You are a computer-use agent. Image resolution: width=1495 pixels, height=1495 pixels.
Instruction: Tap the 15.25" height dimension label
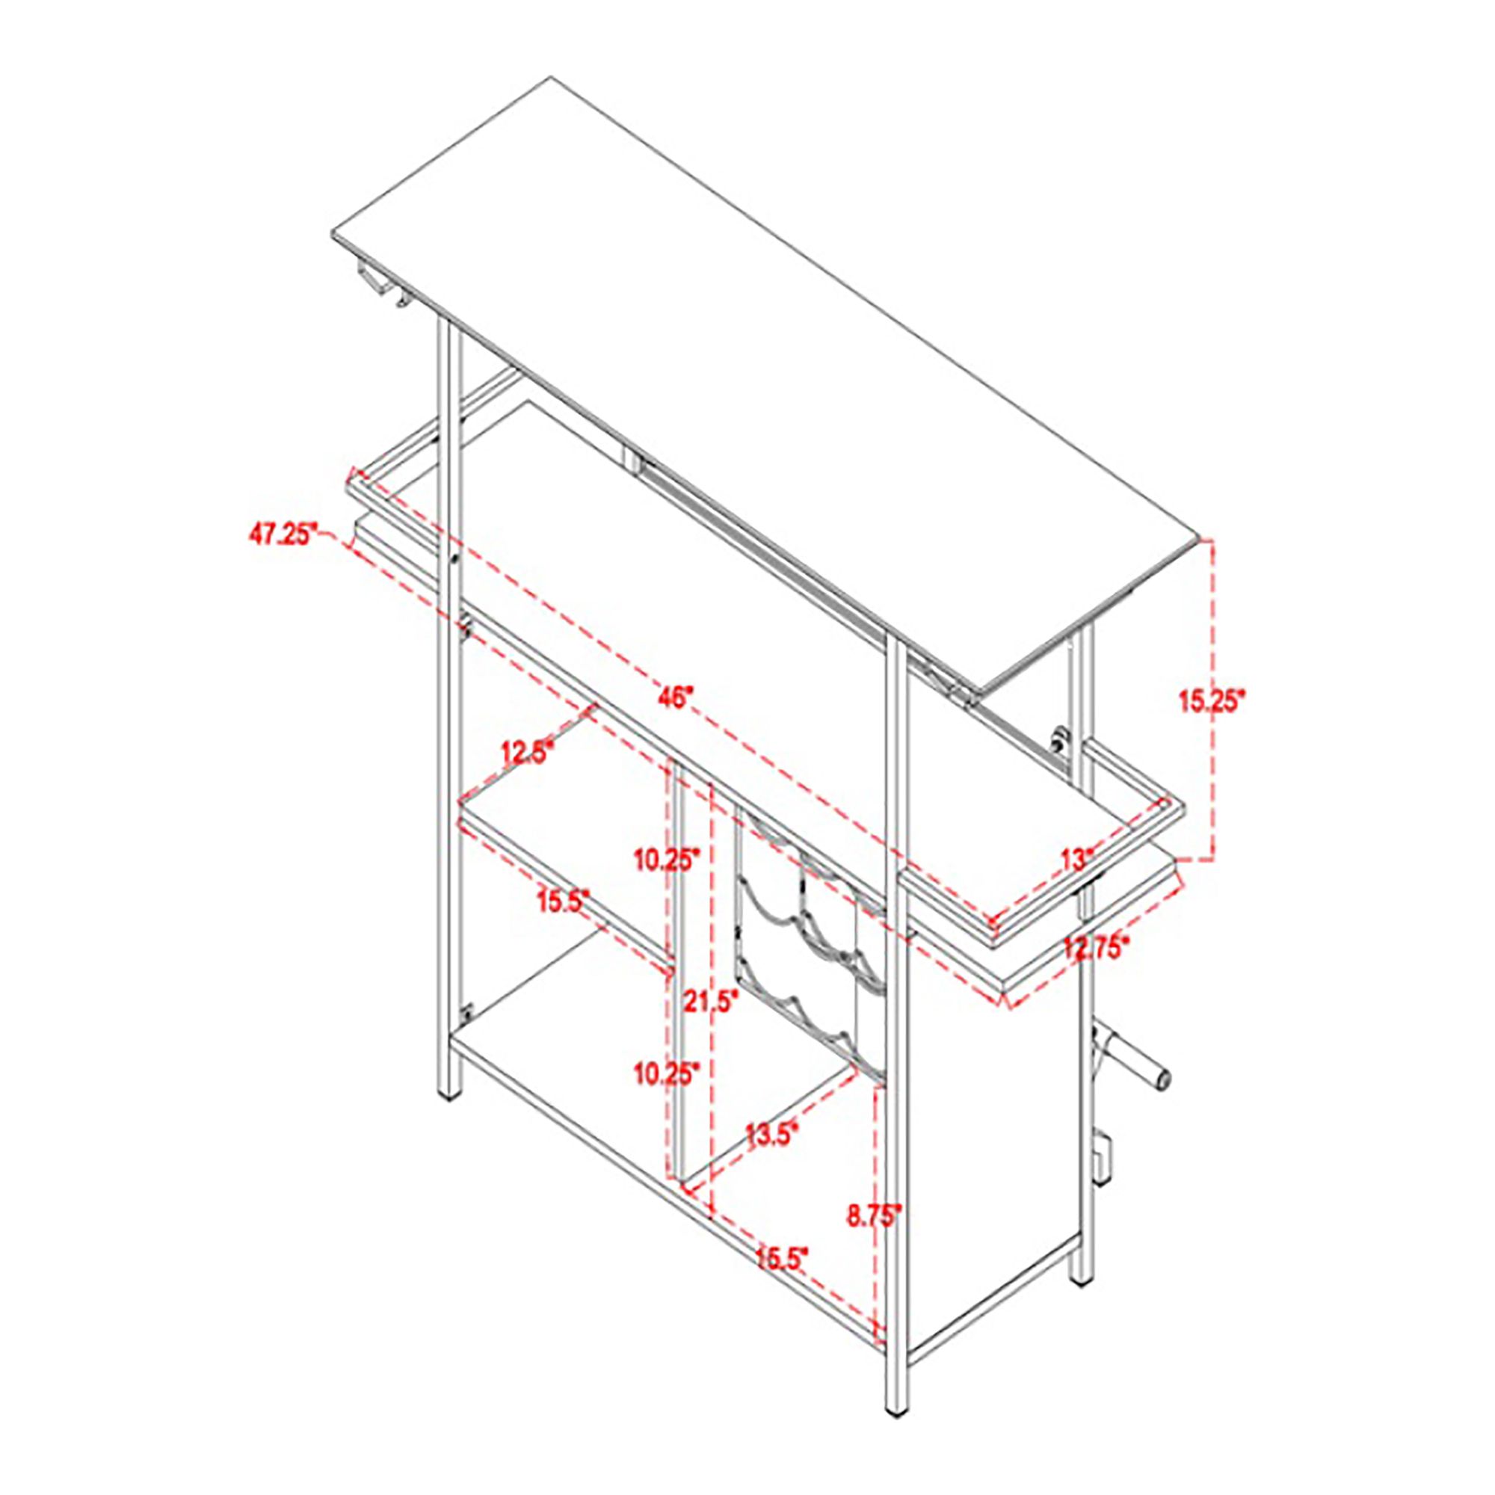(1212, 700)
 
